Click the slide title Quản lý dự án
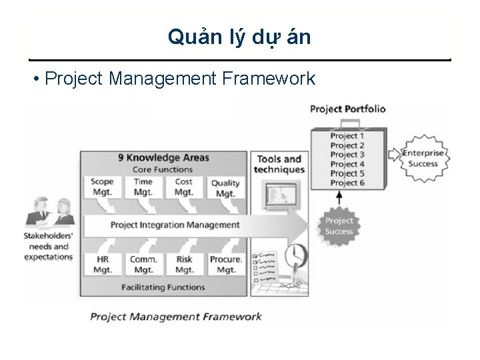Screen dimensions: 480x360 click(x=239, y=37)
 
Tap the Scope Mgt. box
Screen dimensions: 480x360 click(x=102, y=187)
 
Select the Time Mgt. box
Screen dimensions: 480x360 click(x=143, y=187)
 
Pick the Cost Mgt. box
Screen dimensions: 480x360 click(x=184, y=187)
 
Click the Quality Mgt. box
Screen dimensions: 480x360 click(x=225, y=188)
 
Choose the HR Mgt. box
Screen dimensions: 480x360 click(x=102, y=265)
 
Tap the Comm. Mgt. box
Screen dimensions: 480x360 click(x=143, y=265)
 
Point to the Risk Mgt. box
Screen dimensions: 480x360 click(x=184, y=265)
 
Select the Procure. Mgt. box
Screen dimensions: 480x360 click(x=226, y=265)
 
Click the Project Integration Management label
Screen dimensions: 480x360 click(x=175, y=225)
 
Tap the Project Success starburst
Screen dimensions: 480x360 click(x=339, y=226)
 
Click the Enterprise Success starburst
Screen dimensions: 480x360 click(x=423, y=159)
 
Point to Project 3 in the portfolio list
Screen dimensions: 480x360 click(x=347, y=155)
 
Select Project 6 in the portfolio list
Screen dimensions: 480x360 click(x=347, y=183)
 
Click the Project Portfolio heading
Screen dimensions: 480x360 click(x=347, y=109)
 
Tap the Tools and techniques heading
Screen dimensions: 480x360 click(x=279, y=164)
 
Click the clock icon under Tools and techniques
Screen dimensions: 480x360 click(x=295, y=255)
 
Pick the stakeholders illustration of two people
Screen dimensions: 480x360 click(x=48, y=213)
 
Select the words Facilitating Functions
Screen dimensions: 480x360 click(x=163, y=287)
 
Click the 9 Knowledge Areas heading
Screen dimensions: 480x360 click(x=163, y=158)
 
